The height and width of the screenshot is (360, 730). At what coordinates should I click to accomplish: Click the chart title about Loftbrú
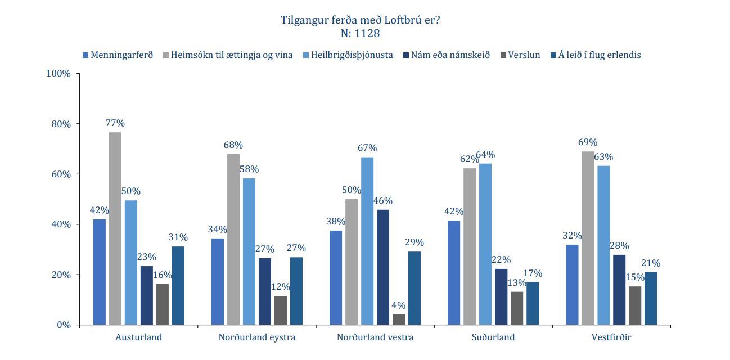click(360, 20)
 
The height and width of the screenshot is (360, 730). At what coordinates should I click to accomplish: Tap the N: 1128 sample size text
click(360, 34)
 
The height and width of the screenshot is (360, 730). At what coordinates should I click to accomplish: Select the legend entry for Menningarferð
click(118, 55)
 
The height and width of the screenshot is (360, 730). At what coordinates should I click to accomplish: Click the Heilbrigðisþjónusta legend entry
click(351, 55)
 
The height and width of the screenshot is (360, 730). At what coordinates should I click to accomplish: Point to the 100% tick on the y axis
click(58, 74)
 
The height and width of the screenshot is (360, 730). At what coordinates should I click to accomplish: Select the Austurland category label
click(138, 337)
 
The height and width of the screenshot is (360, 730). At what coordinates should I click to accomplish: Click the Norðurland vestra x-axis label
click(375, 337)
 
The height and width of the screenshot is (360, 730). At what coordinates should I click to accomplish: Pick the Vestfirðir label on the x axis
click(611, 337)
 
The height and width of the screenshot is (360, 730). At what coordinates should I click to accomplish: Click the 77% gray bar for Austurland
click(115, 228)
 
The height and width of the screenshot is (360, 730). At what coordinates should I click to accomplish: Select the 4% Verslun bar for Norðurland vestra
click(399, 319)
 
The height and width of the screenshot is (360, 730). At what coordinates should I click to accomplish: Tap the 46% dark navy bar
click(383, 267)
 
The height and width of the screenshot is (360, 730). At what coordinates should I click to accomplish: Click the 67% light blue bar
click(367, 241)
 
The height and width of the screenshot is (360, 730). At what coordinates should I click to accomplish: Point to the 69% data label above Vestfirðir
click(588, 142)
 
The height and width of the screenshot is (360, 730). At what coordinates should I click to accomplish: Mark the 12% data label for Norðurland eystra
click(280, 287)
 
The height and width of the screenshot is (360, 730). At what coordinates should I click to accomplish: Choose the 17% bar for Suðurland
click(533, 303)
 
